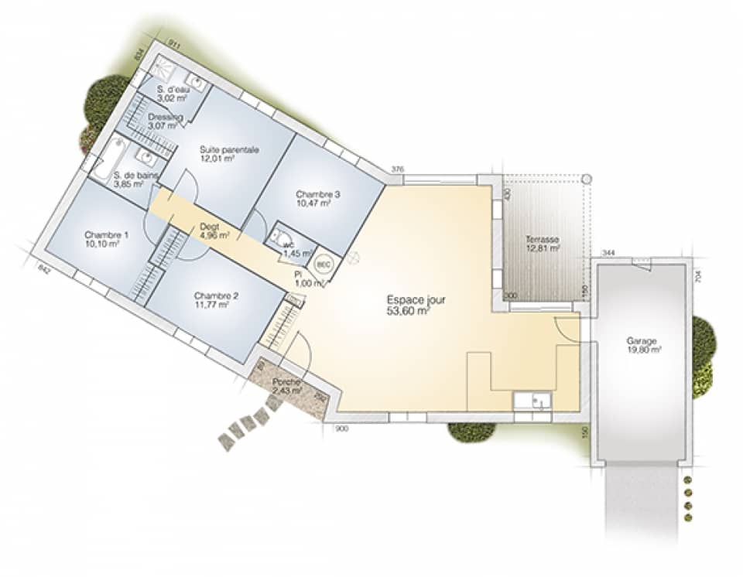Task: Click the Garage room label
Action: (x=642, y=340)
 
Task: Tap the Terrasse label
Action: (x=542, y=239)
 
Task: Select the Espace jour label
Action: (x=416, y=299)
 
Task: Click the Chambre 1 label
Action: (x=107, y=234)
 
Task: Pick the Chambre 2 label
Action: (x=217, y=295)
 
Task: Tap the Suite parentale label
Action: (x=229, y=149)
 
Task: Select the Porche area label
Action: (x=286, y=383)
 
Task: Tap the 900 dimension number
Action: (x=341, y=428)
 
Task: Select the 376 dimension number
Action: (x=398, y=169)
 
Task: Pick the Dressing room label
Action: (x=165, y=118)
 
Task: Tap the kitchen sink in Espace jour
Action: (x=533, y=400)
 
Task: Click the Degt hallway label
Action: (x=209, y=225)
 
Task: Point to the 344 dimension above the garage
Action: (x=608, y=253)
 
